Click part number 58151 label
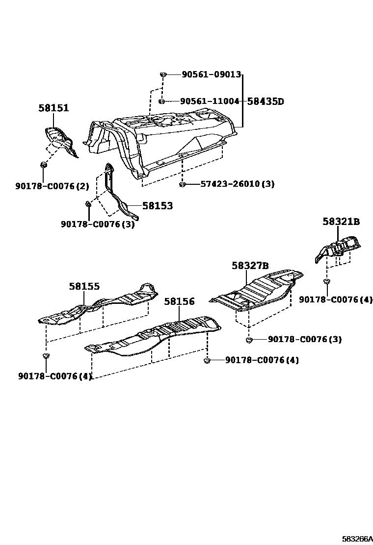53,108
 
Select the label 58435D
266,101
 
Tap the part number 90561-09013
211,74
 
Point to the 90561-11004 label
210,101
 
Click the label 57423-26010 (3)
237,184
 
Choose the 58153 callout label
158,206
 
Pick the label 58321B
341,222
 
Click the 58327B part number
250,266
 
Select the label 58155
84,286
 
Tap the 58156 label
179,301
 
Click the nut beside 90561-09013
163,74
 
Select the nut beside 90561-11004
161,101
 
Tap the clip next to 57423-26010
183,184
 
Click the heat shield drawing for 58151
59,139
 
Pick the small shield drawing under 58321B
339,248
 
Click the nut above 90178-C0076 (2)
44,165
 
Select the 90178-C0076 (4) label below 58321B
336,299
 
